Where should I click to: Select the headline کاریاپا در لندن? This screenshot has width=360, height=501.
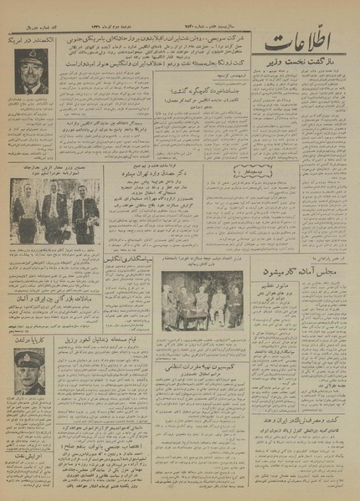[33, 341]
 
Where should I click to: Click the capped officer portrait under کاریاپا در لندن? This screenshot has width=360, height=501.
[28, 372]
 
